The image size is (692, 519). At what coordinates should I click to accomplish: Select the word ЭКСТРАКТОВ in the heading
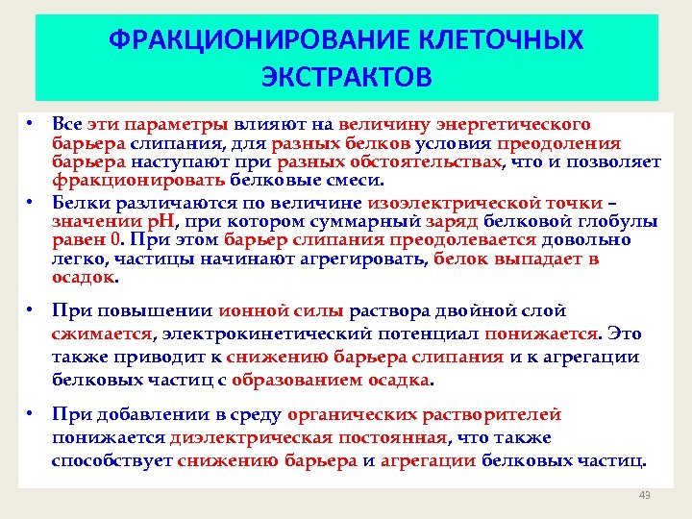click(347, 76)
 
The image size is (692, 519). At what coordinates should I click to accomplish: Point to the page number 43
click(644, 495)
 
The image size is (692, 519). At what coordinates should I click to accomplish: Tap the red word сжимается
click(103, 334)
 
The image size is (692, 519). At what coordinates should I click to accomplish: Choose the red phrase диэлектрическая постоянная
click(308, 437)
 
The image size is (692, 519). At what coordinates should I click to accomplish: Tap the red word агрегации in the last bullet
click(428, 460)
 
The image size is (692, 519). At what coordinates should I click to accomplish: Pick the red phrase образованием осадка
click(358, 380)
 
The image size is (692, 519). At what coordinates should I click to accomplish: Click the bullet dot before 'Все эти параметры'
click(31, 124)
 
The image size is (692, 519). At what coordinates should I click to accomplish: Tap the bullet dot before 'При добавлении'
click(31, 414)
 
